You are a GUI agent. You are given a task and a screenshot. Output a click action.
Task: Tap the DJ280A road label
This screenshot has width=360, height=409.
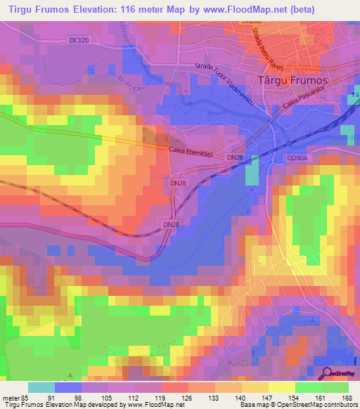301,159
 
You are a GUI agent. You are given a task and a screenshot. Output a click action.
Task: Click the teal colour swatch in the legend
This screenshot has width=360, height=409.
41,387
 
